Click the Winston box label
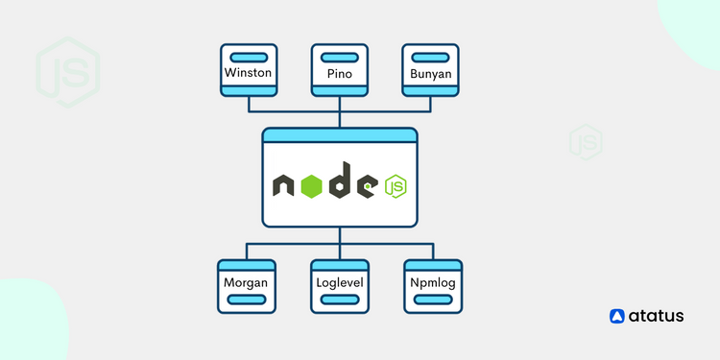point(248,73)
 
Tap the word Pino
point(340,73)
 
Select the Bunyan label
point(431,73)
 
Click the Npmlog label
point(432,283)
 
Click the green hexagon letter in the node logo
point(310,186)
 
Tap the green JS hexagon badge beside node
point(395,186)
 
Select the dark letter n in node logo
point(284,186)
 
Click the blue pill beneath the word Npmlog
point(432,300)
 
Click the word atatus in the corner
point(657,316)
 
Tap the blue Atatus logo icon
point(618,316)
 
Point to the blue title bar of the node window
point(340,135)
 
